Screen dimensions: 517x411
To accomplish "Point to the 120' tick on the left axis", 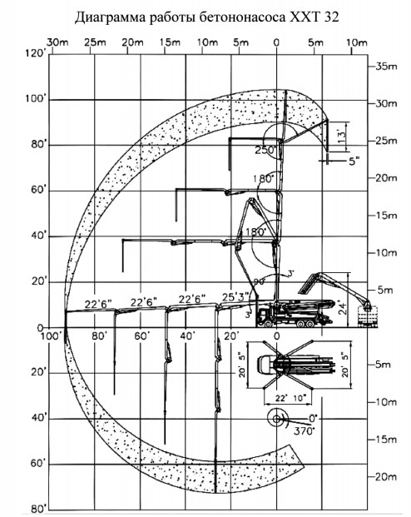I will point(35,52).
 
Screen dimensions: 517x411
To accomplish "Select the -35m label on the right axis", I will point(384,66).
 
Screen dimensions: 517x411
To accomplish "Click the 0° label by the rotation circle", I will point(313,417).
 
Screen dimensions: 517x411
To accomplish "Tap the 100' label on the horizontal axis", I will point(55,336).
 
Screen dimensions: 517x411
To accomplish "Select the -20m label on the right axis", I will point(384,477).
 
